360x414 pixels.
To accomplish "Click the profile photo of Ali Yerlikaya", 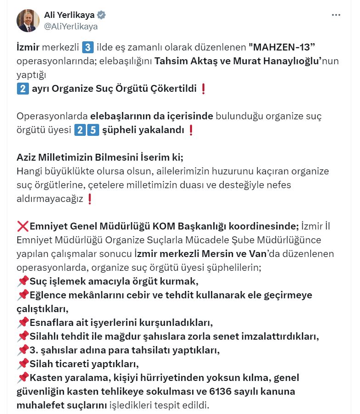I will [x=28, y=21].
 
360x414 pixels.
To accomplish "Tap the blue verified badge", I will [x=101, y=15].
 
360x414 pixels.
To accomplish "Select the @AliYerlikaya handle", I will [x=71, y=26].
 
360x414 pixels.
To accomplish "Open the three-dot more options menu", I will [x=336, y=15].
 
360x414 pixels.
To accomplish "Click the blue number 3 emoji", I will [x=87, y=48].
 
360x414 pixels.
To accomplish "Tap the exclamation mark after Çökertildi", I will [x=203, y=88].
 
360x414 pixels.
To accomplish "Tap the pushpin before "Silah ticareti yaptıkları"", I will [x=22, y=364].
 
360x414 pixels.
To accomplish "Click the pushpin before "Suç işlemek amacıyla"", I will [x=22, y=281].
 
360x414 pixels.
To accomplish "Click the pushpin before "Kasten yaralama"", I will [x=22, y=378].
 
